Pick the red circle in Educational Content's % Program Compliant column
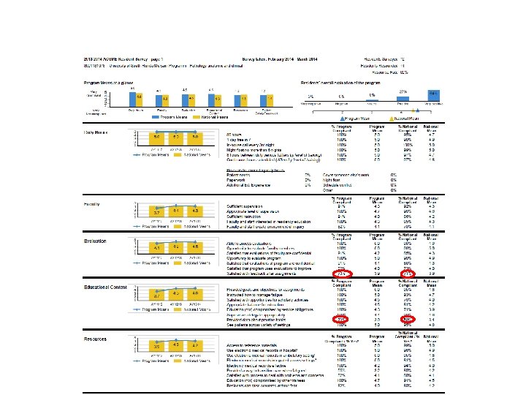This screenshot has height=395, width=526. tap(340, 319)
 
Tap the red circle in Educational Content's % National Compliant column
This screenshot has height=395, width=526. tap(409, 319)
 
